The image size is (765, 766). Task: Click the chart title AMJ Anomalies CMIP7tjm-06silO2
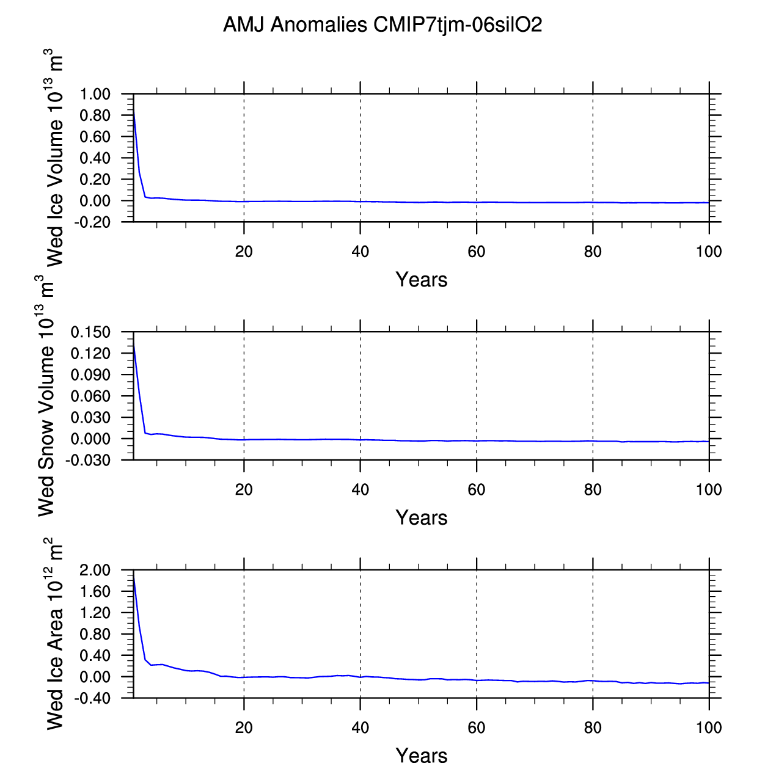382,25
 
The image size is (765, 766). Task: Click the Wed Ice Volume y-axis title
55,158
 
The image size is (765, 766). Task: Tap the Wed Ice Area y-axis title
55,633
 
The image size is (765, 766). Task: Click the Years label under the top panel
422,280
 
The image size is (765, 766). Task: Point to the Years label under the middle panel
422,518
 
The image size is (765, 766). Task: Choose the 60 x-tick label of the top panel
477,252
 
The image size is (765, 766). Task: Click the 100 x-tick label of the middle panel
709,490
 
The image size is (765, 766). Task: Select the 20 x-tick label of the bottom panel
244,728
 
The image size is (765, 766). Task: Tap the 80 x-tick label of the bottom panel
593,728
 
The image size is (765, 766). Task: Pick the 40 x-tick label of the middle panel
361,490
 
